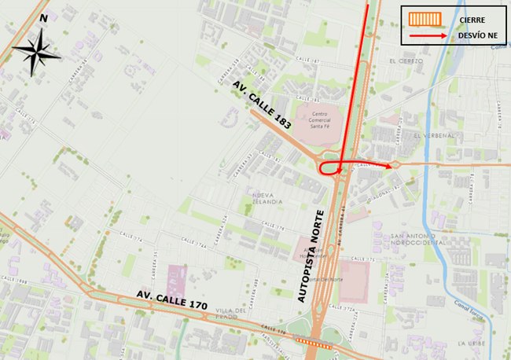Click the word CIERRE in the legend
click(x=469, y=19)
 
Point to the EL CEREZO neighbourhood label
click(x=406, y=61)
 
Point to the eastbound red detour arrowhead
click(x=390, y=166)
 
